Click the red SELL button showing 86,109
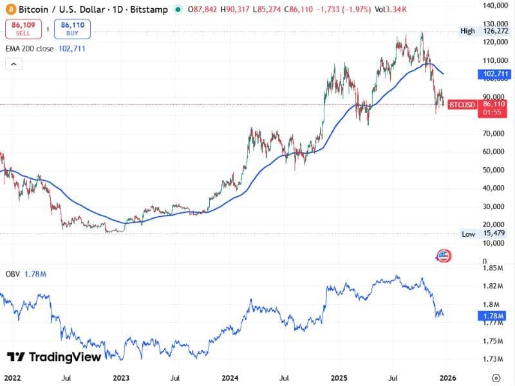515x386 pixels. (24, 29)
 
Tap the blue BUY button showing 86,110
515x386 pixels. (73, 29)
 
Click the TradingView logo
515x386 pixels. (54, 357)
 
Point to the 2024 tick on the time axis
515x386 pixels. (230, 378)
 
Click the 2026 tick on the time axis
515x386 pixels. (445, 378)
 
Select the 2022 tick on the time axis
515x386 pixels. (12, 378)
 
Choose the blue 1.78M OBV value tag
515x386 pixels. (494, 316)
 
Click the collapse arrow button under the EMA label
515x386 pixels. (14, 64)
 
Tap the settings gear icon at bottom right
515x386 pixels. (496, 378)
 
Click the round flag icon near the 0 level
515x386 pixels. (443, 255)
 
